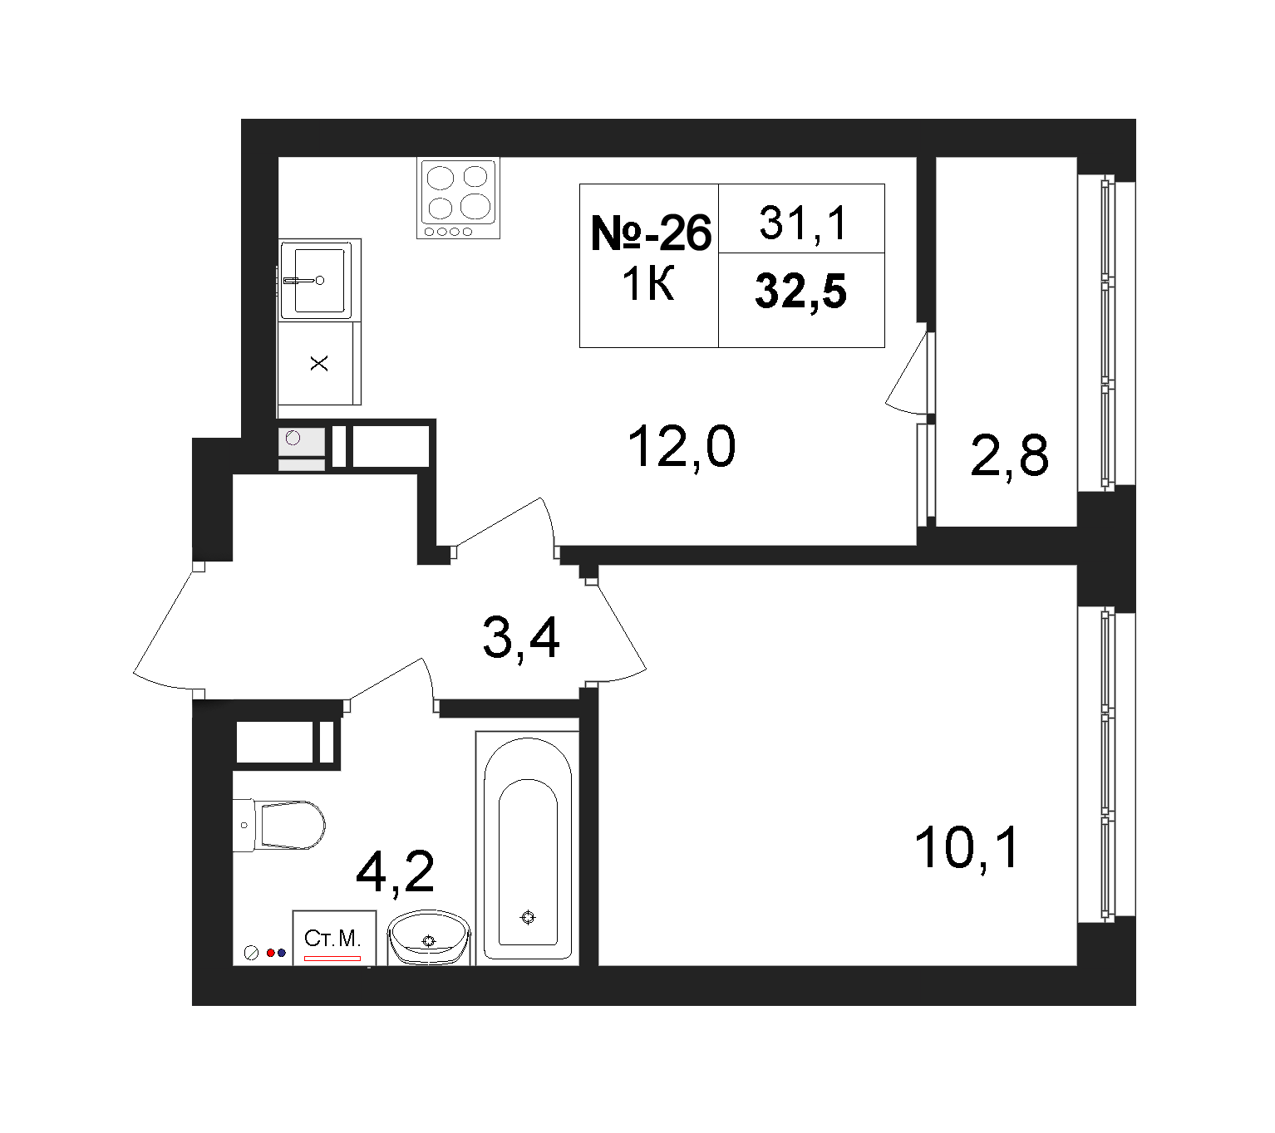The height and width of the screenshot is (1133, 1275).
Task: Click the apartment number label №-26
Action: coord(651,233)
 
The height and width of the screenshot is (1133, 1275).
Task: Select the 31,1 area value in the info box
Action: coord(803,223)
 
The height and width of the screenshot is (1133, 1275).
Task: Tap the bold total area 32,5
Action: coord(800,292)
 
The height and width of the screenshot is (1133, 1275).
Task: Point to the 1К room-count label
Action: coord(648,284)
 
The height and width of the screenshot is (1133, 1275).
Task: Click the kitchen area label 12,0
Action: coord(681,447)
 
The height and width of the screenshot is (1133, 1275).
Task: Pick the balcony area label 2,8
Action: coord(1009,455)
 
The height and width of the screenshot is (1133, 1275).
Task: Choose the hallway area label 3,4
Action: coord(520,638)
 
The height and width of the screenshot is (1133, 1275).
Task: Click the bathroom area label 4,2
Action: coord(395,872)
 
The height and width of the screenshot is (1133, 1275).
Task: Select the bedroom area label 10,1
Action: coord(965,847)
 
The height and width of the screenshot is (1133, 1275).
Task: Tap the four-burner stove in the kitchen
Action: coord(458,199)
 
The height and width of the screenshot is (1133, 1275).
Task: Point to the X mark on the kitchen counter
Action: coord(319,363)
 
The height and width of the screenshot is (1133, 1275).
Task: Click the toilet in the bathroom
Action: coord(278,825)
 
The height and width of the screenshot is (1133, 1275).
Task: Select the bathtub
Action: coord(527,848)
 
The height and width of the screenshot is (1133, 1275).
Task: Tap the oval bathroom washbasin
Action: coord(429,937)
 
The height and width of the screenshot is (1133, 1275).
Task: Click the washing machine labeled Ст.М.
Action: coord(334,937)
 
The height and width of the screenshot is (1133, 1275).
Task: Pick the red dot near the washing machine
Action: coord(271,953)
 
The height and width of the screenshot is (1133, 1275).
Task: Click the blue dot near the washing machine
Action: coord(281,953)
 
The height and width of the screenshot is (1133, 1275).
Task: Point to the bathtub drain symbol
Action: coord(527,917)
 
